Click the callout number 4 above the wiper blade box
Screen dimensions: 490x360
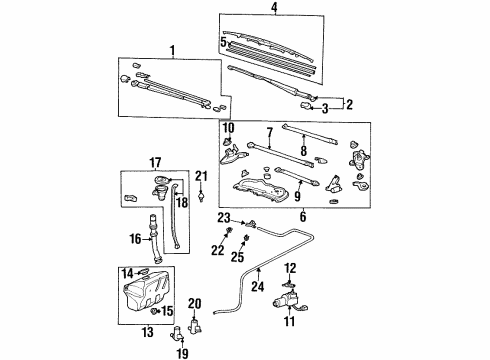tap(274, 7)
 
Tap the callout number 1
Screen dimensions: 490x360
tap(172, 51)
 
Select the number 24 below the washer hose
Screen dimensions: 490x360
tap(258, 286)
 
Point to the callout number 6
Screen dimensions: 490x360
tap(303, 217)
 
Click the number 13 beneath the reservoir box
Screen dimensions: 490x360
tap(148, 332)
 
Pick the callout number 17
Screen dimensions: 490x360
tap(155, 163)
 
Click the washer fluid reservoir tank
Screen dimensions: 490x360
tap(147, 293)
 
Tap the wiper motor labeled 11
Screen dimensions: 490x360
tap(289, 300)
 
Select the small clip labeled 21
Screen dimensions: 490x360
tap(201, 196)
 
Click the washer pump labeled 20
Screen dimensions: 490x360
tap(194, 325)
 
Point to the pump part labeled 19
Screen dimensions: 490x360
tap(177, 333)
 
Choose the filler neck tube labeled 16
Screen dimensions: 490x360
tap(155, 238)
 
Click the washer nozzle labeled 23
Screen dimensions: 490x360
tap(251, 223)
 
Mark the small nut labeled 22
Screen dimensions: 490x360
tap(229, 230)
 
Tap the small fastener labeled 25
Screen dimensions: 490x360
tap(247, 238)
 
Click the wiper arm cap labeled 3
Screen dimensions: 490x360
tap(306, 106)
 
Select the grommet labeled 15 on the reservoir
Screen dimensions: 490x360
tap(154, 311)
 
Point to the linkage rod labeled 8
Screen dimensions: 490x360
tap(310, 135)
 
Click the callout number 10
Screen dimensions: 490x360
tap(229, 128)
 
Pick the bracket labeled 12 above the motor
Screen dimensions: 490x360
tap(289, 284)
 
